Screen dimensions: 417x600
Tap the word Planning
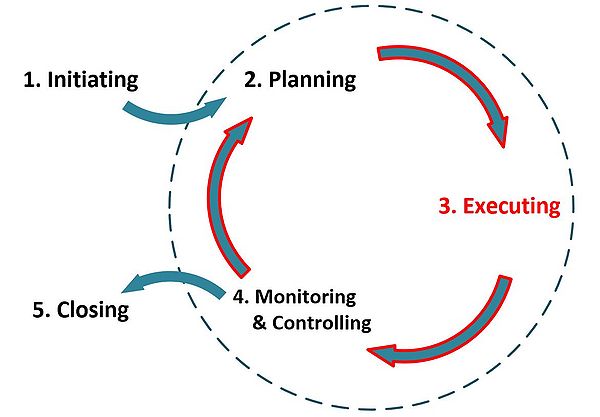312,79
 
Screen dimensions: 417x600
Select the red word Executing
509,207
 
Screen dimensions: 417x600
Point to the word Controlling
322,323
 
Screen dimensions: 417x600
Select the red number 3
446,207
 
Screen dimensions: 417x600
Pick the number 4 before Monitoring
240,297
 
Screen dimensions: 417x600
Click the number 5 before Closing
38,310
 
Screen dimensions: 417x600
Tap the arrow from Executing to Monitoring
460,330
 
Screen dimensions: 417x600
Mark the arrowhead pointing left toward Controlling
382,353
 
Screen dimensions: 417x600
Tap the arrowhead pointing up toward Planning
237,128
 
